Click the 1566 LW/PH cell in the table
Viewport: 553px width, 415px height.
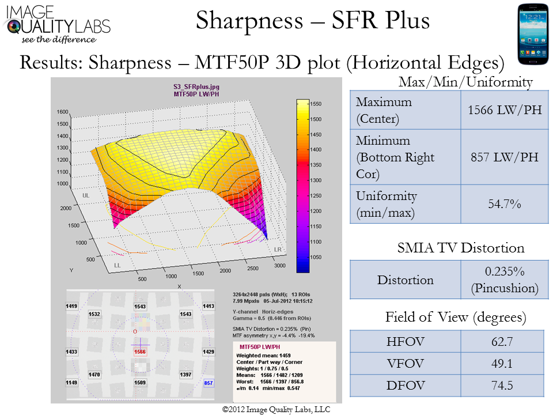[x=502, y=110]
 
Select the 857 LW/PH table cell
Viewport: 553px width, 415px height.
[x=502, y=156]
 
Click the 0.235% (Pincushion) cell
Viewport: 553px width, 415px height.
[x=502, y=280]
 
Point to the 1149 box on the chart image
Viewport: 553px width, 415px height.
[x=72, y=382]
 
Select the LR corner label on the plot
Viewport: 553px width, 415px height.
[x=278, y=249]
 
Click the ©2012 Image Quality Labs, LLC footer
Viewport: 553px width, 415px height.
[x=276, y=409]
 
